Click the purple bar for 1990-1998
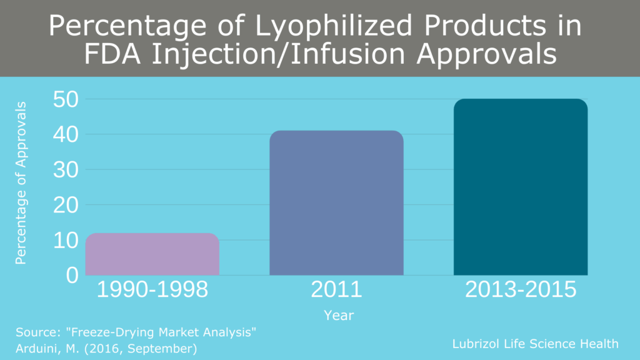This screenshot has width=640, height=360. click(152, 254)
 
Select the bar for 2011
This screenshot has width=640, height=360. click(336, 203)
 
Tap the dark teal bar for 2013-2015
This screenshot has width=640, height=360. click(520, 187)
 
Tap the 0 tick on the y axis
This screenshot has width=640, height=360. click(72, 275)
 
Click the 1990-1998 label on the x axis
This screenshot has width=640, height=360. click(152, 290)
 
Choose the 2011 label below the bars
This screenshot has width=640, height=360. click(336, 290)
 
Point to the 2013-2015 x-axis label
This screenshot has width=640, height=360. click(520, 290)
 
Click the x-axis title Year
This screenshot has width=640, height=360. click(339, 316)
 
